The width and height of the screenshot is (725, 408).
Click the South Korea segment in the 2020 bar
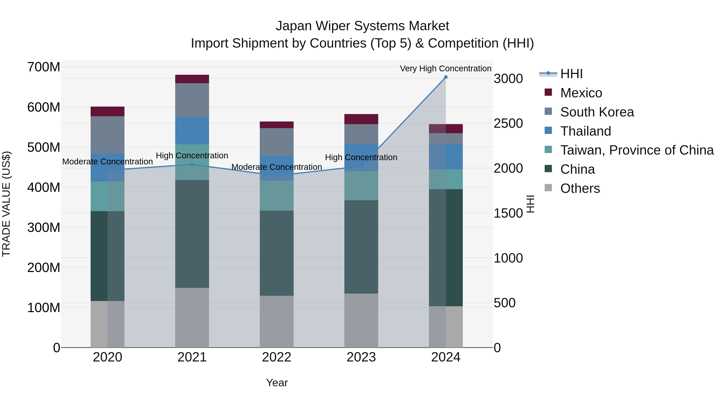coord(108,135)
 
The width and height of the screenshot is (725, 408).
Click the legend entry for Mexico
coord(581,93)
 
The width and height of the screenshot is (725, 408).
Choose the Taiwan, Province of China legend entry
coord(637,150)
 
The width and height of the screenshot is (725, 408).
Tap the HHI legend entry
coord(571,74)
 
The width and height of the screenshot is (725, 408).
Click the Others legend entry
coord(580,188)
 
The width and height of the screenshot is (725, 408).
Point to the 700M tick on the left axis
coord(44,67)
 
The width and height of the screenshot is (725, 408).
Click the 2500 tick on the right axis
coord(508,123)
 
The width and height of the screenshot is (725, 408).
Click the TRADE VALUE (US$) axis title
coord(6,204)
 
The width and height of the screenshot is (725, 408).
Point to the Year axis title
coord(277,383)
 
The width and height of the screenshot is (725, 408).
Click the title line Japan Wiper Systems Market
coord(362,26)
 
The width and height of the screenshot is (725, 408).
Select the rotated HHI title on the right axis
coord(530,204)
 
